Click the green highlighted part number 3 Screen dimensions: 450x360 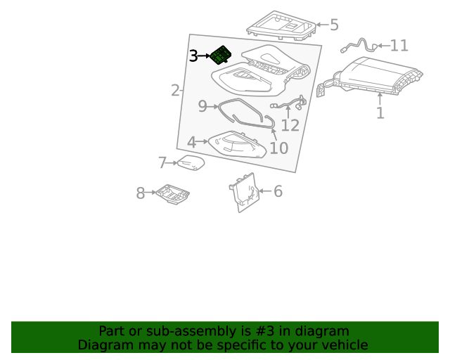pyautogui.click(x=221, y=55)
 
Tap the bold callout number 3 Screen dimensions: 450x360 pyautogui.click(x=194, y=56)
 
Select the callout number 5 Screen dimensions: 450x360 pyautogui.click(x=334, y=25)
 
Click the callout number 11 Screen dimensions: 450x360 pyautogui.click(x=399, y=46)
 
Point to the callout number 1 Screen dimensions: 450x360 pyautogui.click(x=380, y=112)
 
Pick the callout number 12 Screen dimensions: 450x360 pyautogui.click(x=290, y=125)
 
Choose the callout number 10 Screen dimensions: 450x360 pyautogui.click(x=279, y=148)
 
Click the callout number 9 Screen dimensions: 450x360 pyautogui.click(x=202, y=106)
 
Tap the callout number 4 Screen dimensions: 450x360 pyautogui.click(x=192, y=143)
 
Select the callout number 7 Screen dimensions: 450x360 pyautogui.click(x=162, y=163)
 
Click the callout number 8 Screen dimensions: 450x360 pyautogui.click(x=141, y=193)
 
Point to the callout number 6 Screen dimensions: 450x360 pyautogui.click(x=278, y=191)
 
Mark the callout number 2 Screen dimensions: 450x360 pyautogui.click(x=175, y=91)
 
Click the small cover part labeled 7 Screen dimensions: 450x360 pyautogui.click(x=191, y=162)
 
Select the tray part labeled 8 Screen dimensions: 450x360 pyautogui.click(x=173, y=194)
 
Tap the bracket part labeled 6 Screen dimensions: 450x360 pyautogui.click(x=244, y=192)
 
